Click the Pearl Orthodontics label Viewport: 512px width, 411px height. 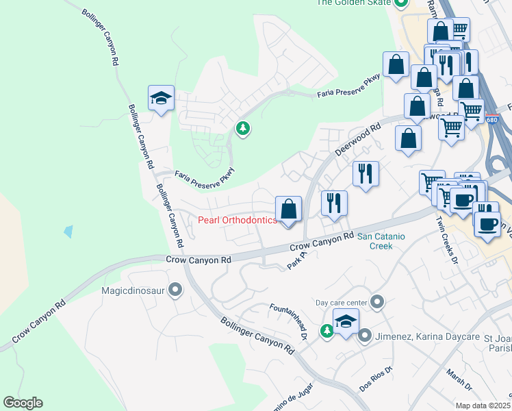238,220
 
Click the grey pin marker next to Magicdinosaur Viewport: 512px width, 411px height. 175,290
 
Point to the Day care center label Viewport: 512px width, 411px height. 340,302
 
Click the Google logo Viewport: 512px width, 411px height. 23,403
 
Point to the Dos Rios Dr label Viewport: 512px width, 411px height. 376,379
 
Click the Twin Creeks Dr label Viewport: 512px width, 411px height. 448,239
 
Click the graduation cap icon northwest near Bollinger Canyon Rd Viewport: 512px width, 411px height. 161,99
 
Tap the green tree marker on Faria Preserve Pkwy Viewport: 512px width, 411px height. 242,127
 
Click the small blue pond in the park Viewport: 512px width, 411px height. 68,231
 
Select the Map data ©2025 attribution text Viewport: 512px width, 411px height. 482,406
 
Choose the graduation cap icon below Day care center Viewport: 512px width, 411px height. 346,322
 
